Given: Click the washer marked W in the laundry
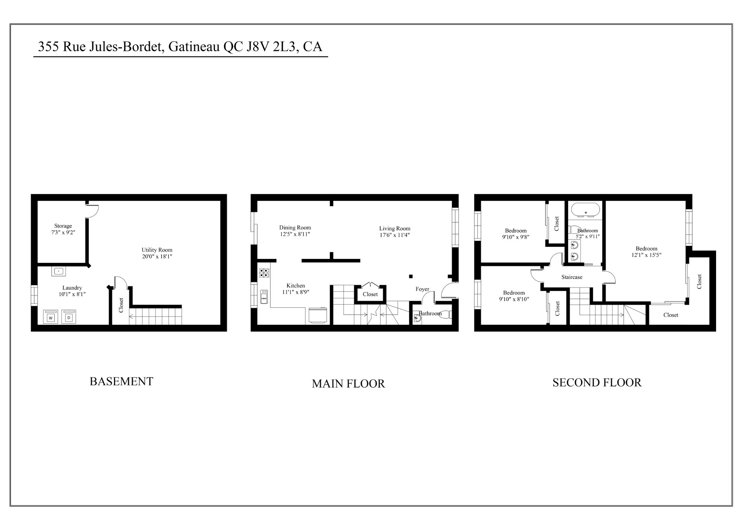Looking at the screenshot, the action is tap(51, 317).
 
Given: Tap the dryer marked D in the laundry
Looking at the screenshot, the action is tap(69, 317).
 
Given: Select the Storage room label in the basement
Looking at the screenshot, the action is tap(63, 226).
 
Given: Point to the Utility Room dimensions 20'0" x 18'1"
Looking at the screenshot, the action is tap(157, 256).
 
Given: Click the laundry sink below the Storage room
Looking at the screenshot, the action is tap(59, 271).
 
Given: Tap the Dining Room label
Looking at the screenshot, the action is tap(295, 228).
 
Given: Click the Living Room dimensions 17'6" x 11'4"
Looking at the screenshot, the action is tap(394, 235).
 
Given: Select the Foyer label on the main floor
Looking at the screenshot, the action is tap(422, 289).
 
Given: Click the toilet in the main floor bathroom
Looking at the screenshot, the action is tap(445, 314).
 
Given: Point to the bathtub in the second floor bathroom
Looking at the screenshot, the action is tap(586, 212).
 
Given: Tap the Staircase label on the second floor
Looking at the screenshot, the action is tap(572, 277).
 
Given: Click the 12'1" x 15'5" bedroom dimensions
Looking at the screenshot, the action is tap(646, 255).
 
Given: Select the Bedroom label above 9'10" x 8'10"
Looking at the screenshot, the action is tap(514, 293).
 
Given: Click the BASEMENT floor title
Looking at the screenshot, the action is tap(121, 381).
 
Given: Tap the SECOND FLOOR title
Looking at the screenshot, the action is tap(597, 383).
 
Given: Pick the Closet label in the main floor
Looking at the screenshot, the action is tap(370, 294).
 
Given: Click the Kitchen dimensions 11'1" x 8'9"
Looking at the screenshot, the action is tap(296, 292).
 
